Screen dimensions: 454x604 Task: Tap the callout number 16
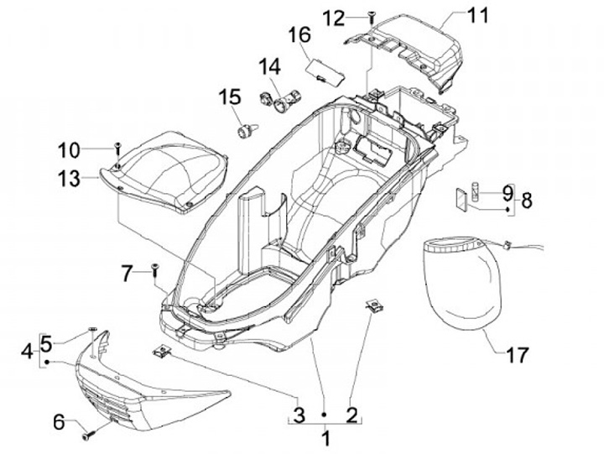(x=299, y=35)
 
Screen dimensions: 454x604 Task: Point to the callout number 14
(x=270, y=65)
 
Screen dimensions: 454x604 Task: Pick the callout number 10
(x=92, y=150)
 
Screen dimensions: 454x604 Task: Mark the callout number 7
(x=127, y=273)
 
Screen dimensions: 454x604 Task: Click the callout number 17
(x=518, y=355)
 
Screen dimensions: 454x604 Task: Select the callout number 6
(x=59, y=422)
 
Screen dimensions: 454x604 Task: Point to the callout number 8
(x=527, y=201)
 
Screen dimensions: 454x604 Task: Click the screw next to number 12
(x=370, y=16)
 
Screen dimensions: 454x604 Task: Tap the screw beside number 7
(x=155, y=269)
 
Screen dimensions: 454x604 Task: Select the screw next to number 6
(x=86, y=436)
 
